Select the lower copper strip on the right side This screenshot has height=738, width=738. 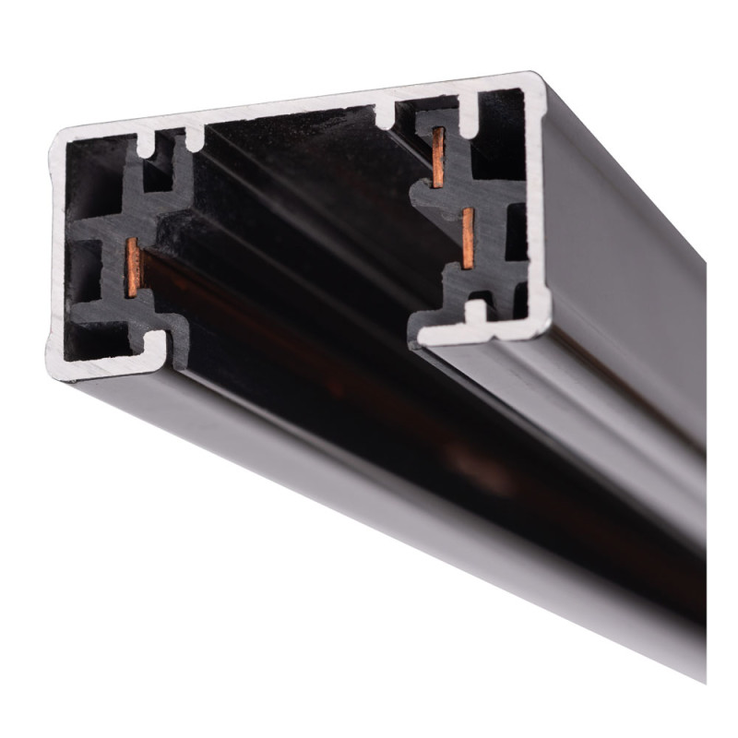pos(470,236)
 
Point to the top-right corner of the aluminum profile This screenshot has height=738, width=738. pos(536,78)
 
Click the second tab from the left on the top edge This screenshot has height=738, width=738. pos(195,138)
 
